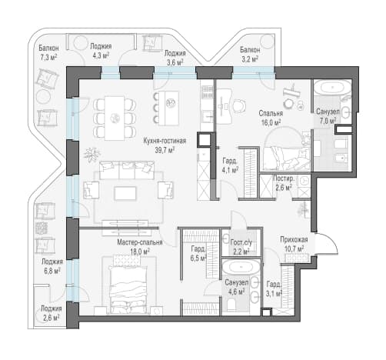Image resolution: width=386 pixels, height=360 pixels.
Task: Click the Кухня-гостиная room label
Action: [165, 141]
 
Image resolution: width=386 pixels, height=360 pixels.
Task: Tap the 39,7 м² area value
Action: [165, 150]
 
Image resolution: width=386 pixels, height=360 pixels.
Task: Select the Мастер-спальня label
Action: [140, 242]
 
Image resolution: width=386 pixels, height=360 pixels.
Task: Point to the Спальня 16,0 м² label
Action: [271, 118]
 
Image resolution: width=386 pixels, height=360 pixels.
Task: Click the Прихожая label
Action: [294, 239]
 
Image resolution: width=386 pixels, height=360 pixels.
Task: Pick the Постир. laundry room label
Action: [283, 178]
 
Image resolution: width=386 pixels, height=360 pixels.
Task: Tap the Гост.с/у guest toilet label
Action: [241, 242]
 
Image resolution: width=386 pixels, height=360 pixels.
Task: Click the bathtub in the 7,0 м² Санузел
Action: [332, 88]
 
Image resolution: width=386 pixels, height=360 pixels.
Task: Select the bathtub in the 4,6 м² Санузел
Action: [241, 268]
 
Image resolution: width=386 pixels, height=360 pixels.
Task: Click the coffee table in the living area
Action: [125, 193]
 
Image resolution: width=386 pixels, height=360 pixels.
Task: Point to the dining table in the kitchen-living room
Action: [115, 118]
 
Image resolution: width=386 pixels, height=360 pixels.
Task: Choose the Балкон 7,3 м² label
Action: [48, 52]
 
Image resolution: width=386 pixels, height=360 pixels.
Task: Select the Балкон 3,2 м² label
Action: [250, 55]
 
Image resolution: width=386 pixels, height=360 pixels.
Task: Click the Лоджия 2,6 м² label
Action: [51, 313]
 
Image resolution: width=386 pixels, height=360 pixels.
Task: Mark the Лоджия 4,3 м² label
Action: [101, 51]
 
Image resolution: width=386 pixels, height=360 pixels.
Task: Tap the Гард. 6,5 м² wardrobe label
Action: [198, 253]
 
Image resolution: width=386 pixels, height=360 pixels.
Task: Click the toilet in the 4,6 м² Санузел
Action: [231, 305]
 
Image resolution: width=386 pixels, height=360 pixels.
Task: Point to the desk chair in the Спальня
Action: [240, 105]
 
